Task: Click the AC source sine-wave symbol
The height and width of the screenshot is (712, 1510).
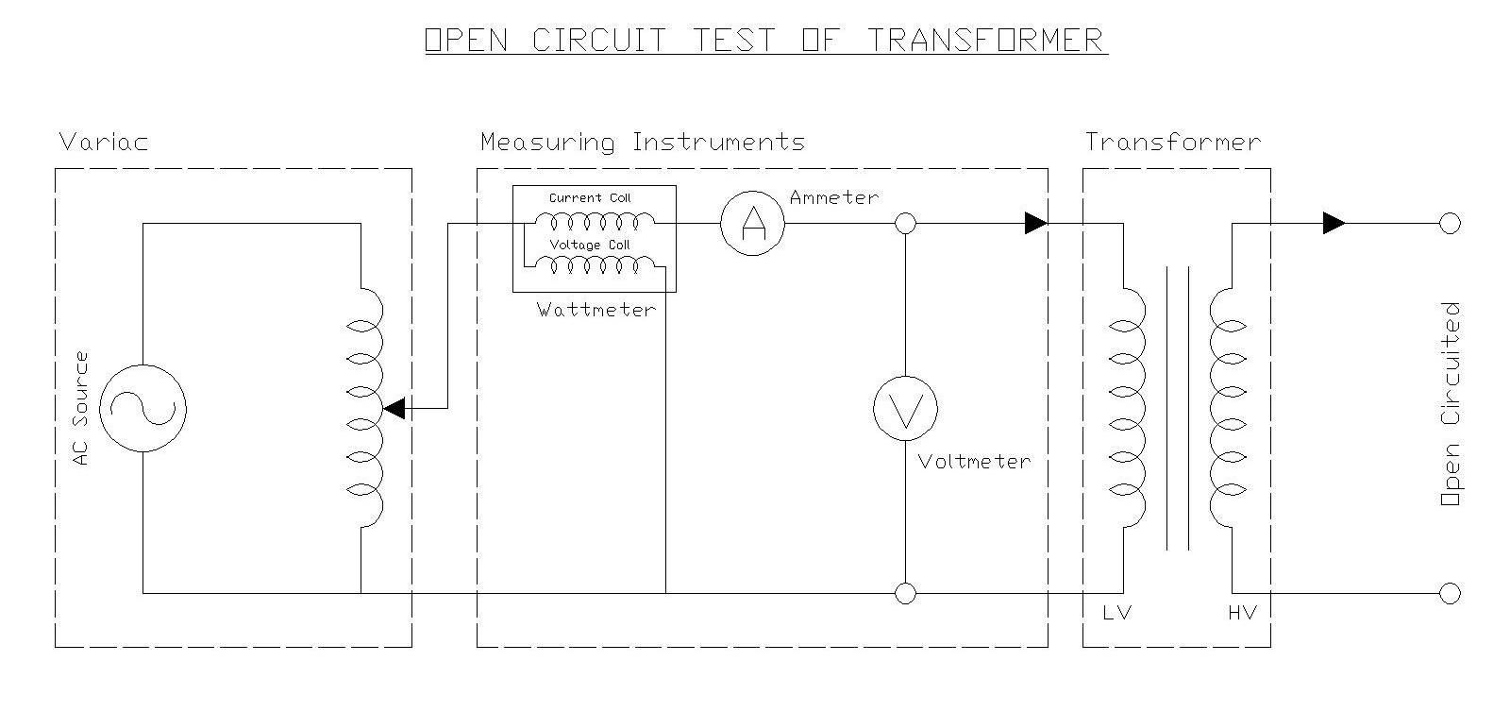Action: point(143,408)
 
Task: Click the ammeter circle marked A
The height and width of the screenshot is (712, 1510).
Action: point(752,224)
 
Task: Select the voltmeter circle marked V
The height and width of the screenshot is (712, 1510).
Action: point(905,409)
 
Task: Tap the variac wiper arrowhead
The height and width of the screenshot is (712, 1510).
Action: point(394,408)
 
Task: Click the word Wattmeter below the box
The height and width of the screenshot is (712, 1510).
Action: point(596,310)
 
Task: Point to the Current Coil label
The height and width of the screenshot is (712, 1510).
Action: point(590,198)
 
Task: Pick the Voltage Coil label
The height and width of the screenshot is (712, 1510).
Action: point(590,246)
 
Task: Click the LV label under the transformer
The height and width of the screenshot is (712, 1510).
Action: point(1116,613)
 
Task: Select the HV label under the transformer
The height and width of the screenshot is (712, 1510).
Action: point(1242,613)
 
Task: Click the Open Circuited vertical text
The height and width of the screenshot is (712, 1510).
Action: point(1451,404)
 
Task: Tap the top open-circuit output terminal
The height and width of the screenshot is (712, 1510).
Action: point(1450,224)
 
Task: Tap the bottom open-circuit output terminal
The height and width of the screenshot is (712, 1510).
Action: point(1450,593)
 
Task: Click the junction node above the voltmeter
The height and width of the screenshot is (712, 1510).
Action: point(905,224)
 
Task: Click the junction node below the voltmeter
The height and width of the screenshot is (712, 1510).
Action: point(905,593)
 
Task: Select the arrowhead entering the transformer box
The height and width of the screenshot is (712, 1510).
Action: point(1035,224)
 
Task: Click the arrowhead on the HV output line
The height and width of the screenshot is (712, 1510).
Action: point(1334,224)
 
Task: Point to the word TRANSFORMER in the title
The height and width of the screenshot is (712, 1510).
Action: point(986,41)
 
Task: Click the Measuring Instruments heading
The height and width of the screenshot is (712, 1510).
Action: point(643,143)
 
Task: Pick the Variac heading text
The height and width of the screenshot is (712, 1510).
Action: point(104,143)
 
